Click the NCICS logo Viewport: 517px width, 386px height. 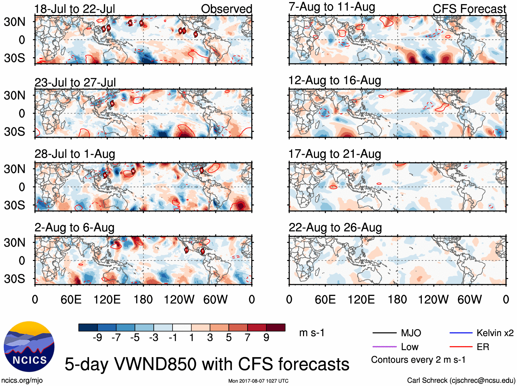pyautogui.click(x=29, y=346)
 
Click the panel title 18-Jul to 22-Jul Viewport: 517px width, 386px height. pyautogui.click(x=75, y=9)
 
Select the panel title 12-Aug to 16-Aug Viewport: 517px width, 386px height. pyautogui.click(x=335, y=80)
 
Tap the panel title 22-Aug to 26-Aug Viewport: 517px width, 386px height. pyautogui.click(x=335, y=227)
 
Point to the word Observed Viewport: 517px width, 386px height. pyautogui.click(x=226, y=9)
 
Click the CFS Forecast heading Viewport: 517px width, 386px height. pyautogui.click(x=469, y=9)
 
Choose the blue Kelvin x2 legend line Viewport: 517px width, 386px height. pyautogui.click(x=461, y=333)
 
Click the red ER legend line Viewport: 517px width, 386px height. pyautogui.click(x=461, y=347)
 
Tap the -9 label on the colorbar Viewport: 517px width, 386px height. pyautogui.click(x=98, y=338)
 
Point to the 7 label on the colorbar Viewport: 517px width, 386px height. pyautogui.click(x=248, y=338)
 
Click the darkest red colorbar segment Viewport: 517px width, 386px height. pyautogui.click(x=276, y=327)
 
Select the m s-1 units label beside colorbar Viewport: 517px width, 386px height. pyautogui.click(x=312, y=333)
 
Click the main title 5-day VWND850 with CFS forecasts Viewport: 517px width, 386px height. pyautogui.click(x=207, y=364)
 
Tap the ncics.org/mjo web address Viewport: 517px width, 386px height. pyautogui.click(x=22, y=380)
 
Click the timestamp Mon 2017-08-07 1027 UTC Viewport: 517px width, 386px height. pyautogui.click(x=258, y=381)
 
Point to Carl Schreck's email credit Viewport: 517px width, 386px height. pyautogui.click(x=461, y=380)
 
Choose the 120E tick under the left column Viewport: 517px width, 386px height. pyautogui.click(x=107, y=300)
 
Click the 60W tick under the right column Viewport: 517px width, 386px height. pyautogui.click(x=469, y=300)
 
